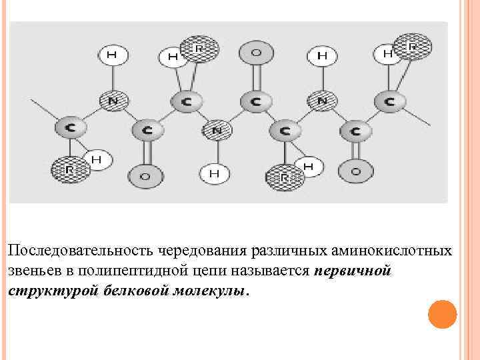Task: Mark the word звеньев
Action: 33,273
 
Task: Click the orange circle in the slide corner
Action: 442,314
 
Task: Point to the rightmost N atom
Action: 321,101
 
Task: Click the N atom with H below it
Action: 215,130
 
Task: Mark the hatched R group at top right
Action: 412,47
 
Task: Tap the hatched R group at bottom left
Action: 69,169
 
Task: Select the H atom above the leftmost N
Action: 112,55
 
